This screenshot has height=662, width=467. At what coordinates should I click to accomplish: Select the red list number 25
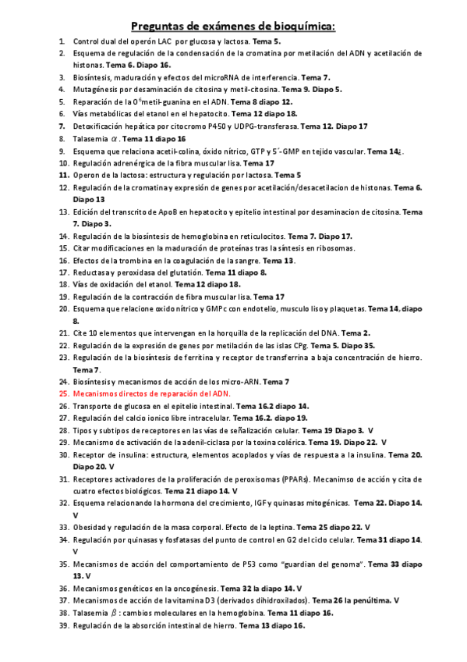tap(64, 394)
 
